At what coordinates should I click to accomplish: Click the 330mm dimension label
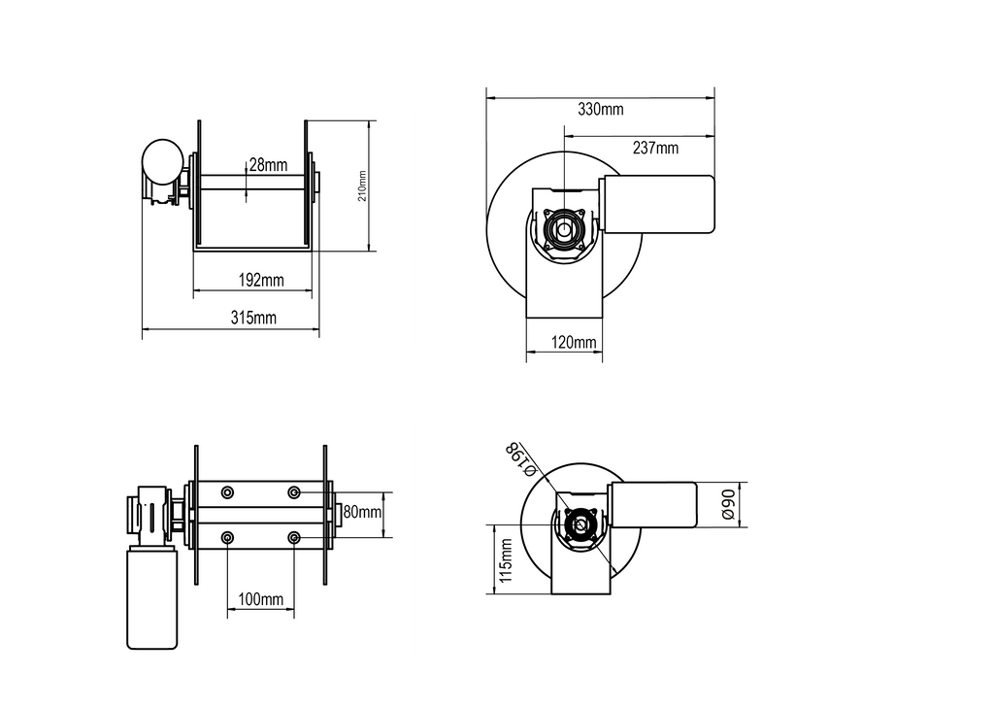(600, 109)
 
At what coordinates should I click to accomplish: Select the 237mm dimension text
(655, 148)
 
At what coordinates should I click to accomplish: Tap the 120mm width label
(574, 343)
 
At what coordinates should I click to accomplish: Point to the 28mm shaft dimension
(268, 165)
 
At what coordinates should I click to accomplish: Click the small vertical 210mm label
(363, 186)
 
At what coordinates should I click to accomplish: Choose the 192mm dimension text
(261, 280)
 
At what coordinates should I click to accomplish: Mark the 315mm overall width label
(253, 317)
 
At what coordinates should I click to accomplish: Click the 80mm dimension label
(363, 511)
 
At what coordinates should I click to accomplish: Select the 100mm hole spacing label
(260, 598)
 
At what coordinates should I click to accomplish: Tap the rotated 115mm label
(506, 560)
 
